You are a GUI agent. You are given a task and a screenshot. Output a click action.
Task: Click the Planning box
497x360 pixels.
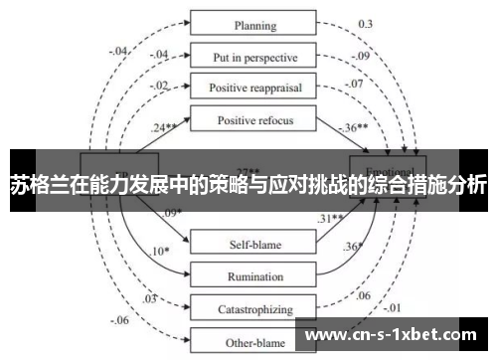[x=254, y=24]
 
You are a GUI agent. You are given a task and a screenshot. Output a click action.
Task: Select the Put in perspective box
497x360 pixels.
[x=254, y=56]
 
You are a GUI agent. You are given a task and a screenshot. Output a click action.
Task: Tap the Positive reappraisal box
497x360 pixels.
[x=254, y=87]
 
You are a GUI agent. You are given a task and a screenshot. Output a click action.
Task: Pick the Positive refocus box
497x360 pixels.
[x=254, y=120]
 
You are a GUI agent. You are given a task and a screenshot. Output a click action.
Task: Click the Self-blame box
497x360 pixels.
[x=254, y=241]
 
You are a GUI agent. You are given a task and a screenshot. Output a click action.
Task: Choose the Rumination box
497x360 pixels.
[x=254, y=274]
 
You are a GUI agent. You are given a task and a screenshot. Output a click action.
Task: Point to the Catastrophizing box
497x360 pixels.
[x=254, y=309]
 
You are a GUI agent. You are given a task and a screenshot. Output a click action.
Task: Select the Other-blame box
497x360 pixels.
[x=254, y=340]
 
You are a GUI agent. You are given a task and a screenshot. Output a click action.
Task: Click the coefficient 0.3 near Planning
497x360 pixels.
[x=366, y=23]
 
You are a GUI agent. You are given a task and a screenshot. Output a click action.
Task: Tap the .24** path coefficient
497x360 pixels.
[x=165, y=127]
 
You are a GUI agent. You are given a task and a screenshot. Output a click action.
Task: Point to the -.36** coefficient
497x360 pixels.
[x=356, y=129]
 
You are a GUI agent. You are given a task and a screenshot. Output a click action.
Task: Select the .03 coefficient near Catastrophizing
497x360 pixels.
[x=149, y=298]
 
